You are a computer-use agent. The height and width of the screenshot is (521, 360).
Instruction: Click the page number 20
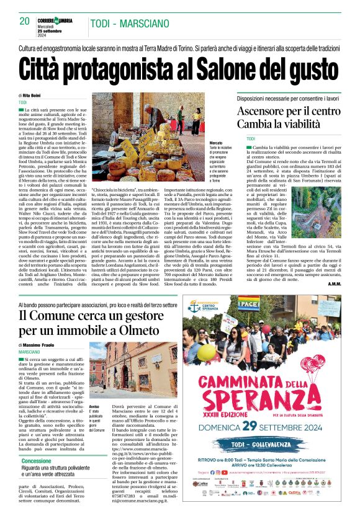(25, 21)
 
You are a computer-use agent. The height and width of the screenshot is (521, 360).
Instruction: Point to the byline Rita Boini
(31, 96)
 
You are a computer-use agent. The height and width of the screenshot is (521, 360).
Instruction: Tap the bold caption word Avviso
(94, 406)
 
